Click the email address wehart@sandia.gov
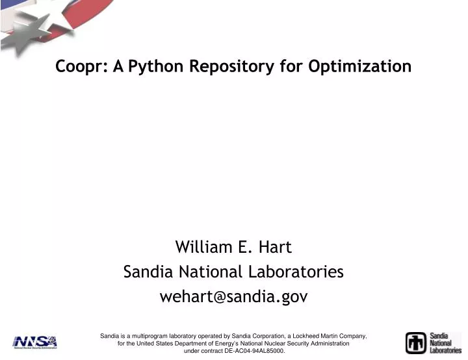coord(233,297)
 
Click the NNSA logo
coord(34,342)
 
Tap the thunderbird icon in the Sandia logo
coord(416,342)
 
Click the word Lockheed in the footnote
coord(304,336)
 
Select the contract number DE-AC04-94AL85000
coord(254,351)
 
